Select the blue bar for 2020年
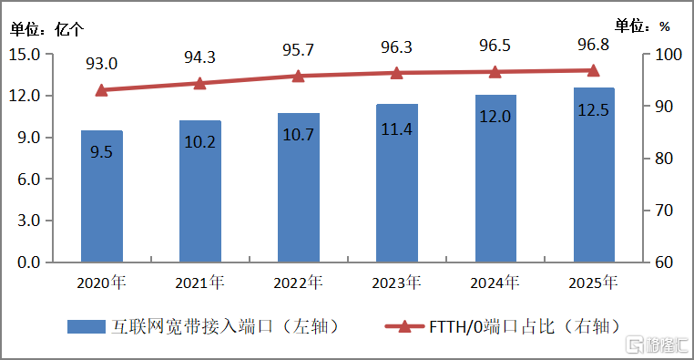[x=102, y=196]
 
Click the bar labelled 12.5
[x=594, y=175]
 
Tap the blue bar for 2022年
[x=299, y=188]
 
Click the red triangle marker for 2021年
[x=200, y=83]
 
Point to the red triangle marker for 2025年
[x=593, y=70]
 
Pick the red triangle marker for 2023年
[x=396, y=73]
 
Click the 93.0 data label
[x=101, y=64]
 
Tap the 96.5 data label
[x=495, y=46]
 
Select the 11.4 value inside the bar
[x=396, y=129]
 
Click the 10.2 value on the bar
[x=200, y=141]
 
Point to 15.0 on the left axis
[x=25, y=55]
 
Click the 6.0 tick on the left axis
[x=28, y=180]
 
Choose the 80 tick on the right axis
[x=664, y=158]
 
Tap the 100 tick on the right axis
[x=668, y=55]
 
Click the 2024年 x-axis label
[x=495, y=283]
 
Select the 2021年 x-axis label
[x=200, y=283]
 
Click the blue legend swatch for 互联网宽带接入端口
[x=87, y=327]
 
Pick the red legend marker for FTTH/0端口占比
[x=404, y=327]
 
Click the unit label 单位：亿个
[x=47, y=29]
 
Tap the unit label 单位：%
[x=642, y=26]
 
